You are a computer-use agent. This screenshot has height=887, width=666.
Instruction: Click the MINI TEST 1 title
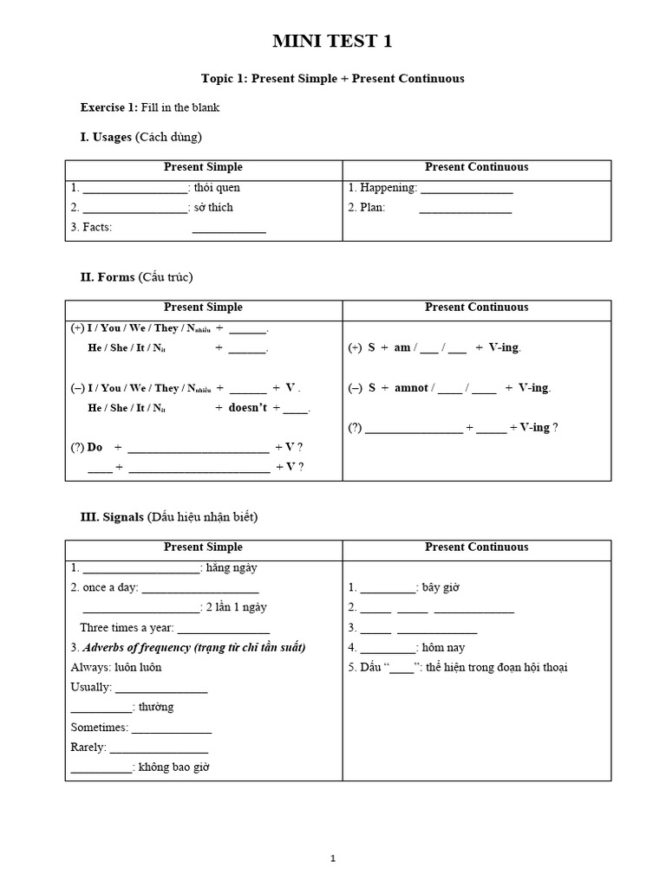332,42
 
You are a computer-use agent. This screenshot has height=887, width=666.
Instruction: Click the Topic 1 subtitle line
332,79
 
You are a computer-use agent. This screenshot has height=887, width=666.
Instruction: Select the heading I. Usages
140,137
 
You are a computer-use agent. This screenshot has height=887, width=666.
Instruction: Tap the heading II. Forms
136,277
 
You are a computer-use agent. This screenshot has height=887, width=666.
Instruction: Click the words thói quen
218,188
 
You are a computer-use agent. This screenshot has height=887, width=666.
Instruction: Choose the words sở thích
213,208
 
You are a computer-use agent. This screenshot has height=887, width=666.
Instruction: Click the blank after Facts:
229,229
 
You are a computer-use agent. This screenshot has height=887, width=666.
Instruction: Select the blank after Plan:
465,209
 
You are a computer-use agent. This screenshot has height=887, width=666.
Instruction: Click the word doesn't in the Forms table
248,408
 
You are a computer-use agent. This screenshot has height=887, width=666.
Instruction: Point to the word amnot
411,388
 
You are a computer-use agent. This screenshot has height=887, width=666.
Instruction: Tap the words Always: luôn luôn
116,668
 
